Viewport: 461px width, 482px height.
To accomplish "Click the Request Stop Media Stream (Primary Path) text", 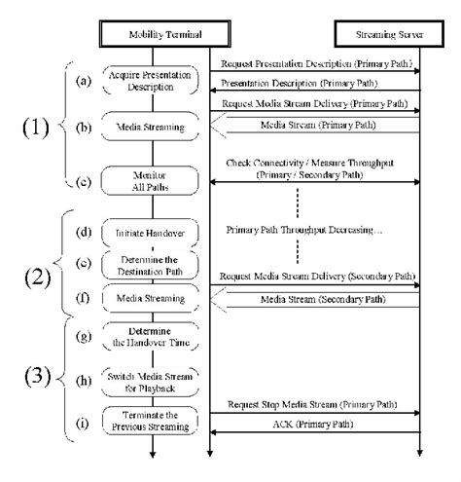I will pyautogui.click(x=314, y=403).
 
